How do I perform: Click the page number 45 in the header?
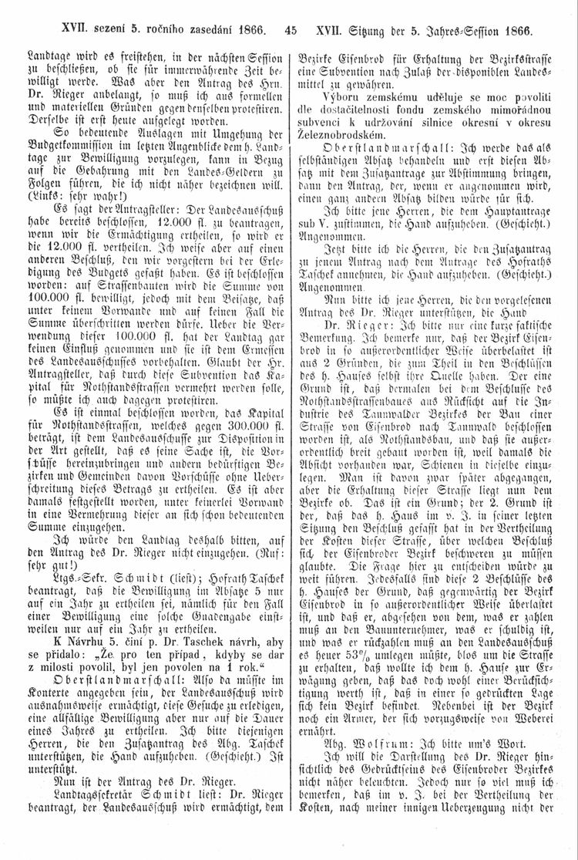click(290, 32)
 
